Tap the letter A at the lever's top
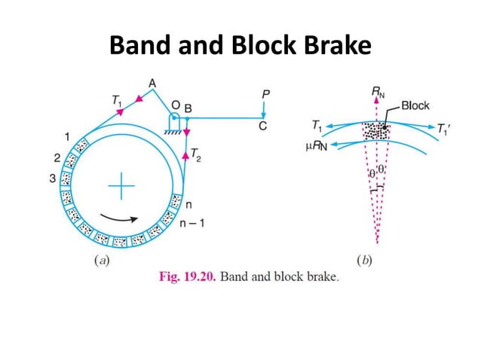(152, 82)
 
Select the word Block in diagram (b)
(415, 106)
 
